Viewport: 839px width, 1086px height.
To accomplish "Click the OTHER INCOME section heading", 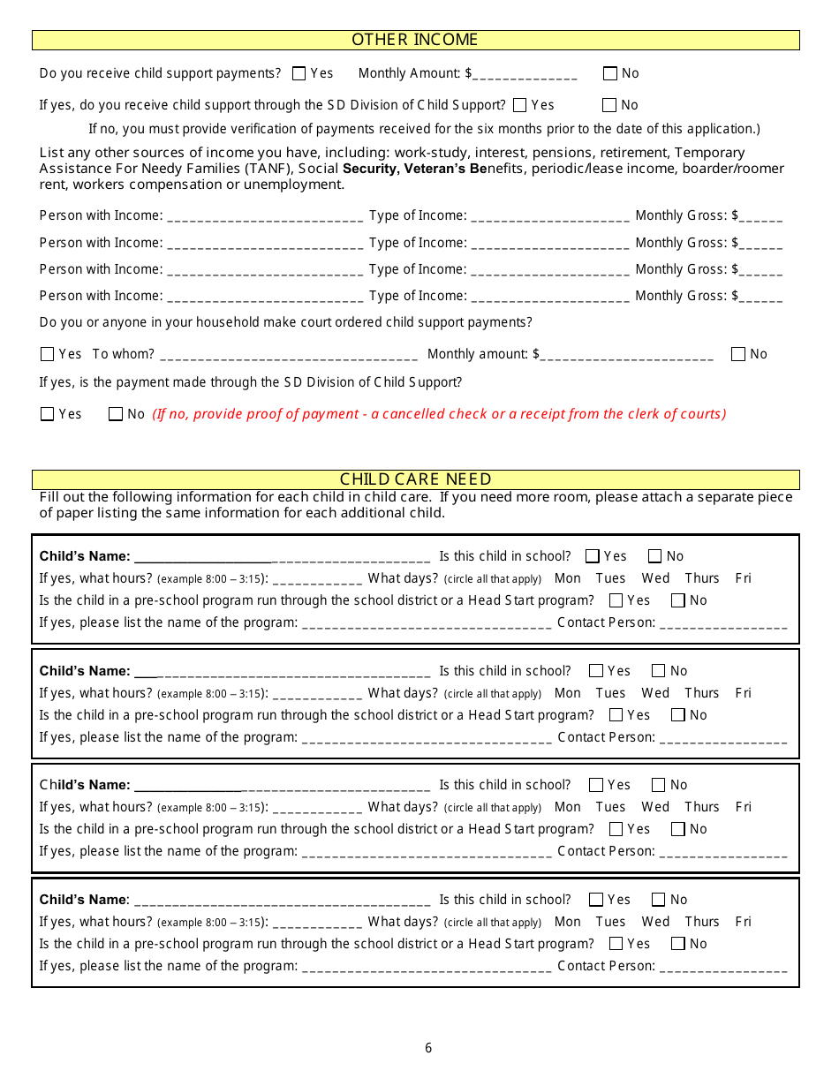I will pyautogui.click(x=415, y=40).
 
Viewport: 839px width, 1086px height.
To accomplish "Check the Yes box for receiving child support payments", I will pyautogui.click(x=299, y=74).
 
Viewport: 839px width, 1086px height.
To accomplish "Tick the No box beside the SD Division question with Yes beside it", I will pyautogui.click(x=609, y=105).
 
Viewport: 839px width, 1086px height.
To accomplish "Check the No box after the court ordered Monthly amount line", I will pyautogui.click(x=738, y=355).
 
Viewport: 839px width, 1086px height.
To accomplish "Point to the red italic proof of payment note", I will pyautogui.click(x=439, y=414).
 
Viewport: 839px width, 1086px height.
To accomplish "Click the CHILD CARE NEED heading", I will pyautogui.click(x=415, y=479).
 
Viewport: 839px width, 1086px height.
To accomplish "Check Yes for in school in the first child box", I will pyautogui.click(x=593, y=556).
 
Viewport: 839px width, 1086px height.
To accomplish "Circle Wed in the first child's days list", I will pyautogui.click(x=655, y=578).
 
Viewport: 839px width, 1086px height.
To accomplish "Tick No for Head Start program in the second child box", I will pyautogui.click(x=677, y=715).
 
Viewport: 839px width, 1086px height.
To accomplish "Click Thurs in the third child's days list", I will pyautogui.click(x=702, y=807).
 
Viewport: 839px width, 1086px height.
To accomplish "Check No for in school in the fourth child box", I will pyautogui.click(x=658, y=900).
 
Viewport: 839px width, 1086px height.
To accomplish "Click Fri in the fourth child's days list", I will pyautogui.click(x=743, y=922).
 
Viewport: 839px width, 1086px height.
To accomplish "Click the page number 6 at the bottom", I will pyautogui.click(x=428, y=1048).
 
